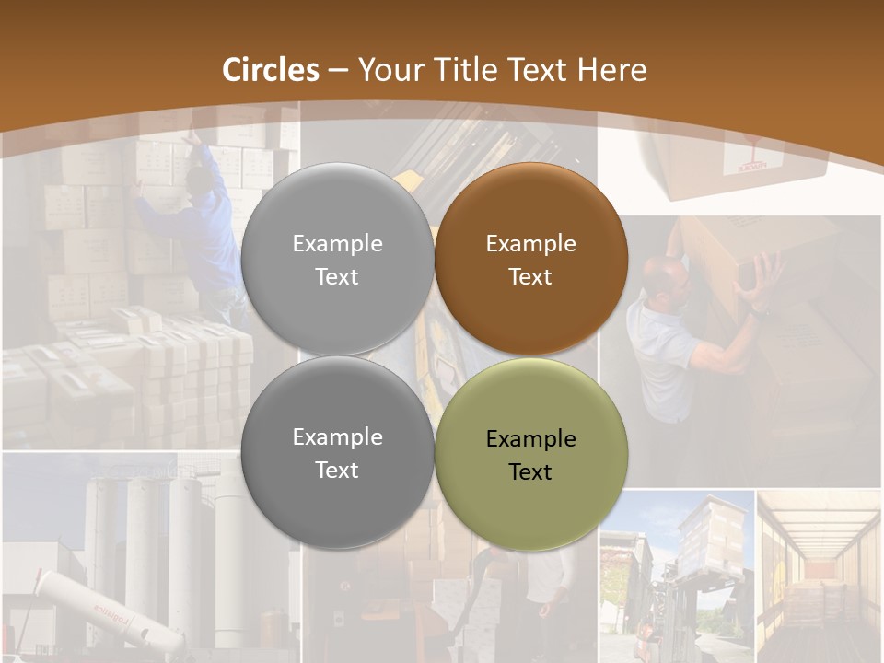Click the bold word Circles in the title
coord(270,70)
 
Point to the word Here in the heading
coord(612,70)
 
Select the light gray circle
coord(337,259)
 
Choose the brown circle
coord(530,259)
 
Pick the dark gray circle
coord(337,453)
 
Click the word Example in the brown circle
coord(530,244)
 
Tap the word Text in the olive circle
coord(530,471)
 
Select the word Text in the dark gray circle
coord(337,470)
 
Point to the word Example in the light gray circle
coord(337,244)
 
